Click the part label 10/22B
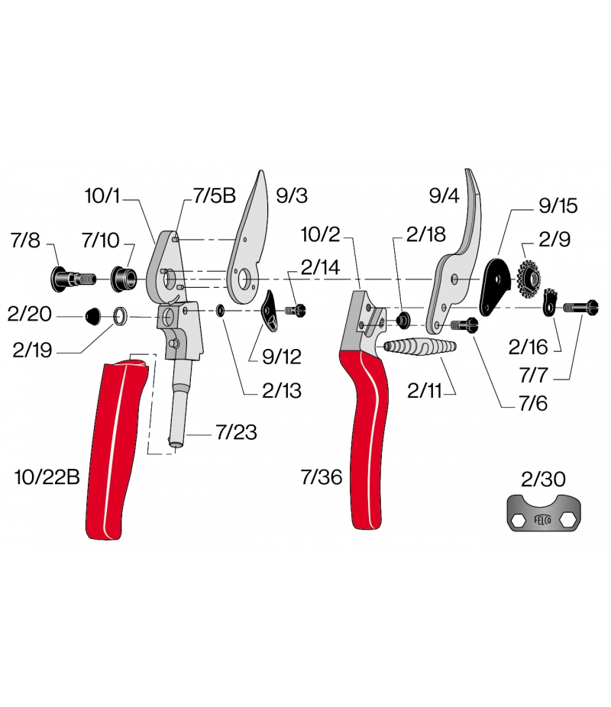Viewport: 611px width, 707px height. click(46, 477)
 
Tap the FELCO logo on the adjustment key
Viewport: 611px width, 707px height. click(543, 517)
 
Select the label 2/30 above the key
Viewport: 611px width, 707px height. click(542, 479)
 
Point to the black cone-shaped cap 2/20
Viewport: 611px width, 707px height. click(92, 315)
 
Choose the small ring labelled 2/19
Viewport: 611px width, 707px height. click(119, 315)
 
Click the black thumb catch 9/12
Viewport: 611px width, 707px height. click(272, 312)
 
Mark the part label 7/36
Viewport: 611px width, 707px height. click(321, 477)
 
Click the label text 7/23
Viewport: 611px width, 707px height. click(235, 433)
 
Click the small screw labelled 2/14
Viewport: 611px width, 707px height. click(295, 310)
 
